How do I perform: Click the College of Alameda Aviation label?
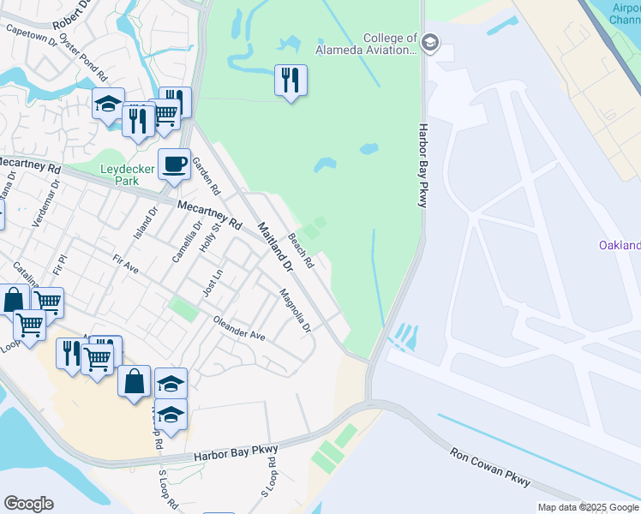tap(389, 44)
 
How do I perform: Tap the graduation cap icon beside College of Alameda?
tap(430, 43)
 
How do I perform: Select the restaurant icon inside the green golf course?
tap(291, 81)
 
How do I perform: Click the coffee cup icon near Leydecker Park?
tap(174, 163)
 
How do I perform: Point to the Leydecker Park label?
tap(127, 175)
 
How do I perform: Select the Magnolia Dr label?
tap(295, 310)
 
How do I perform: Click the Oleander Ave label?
tap(239, 332)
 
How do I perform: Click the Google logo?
tap(28, 504)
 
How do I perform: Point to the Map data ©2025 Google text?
tap(588, 507)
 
